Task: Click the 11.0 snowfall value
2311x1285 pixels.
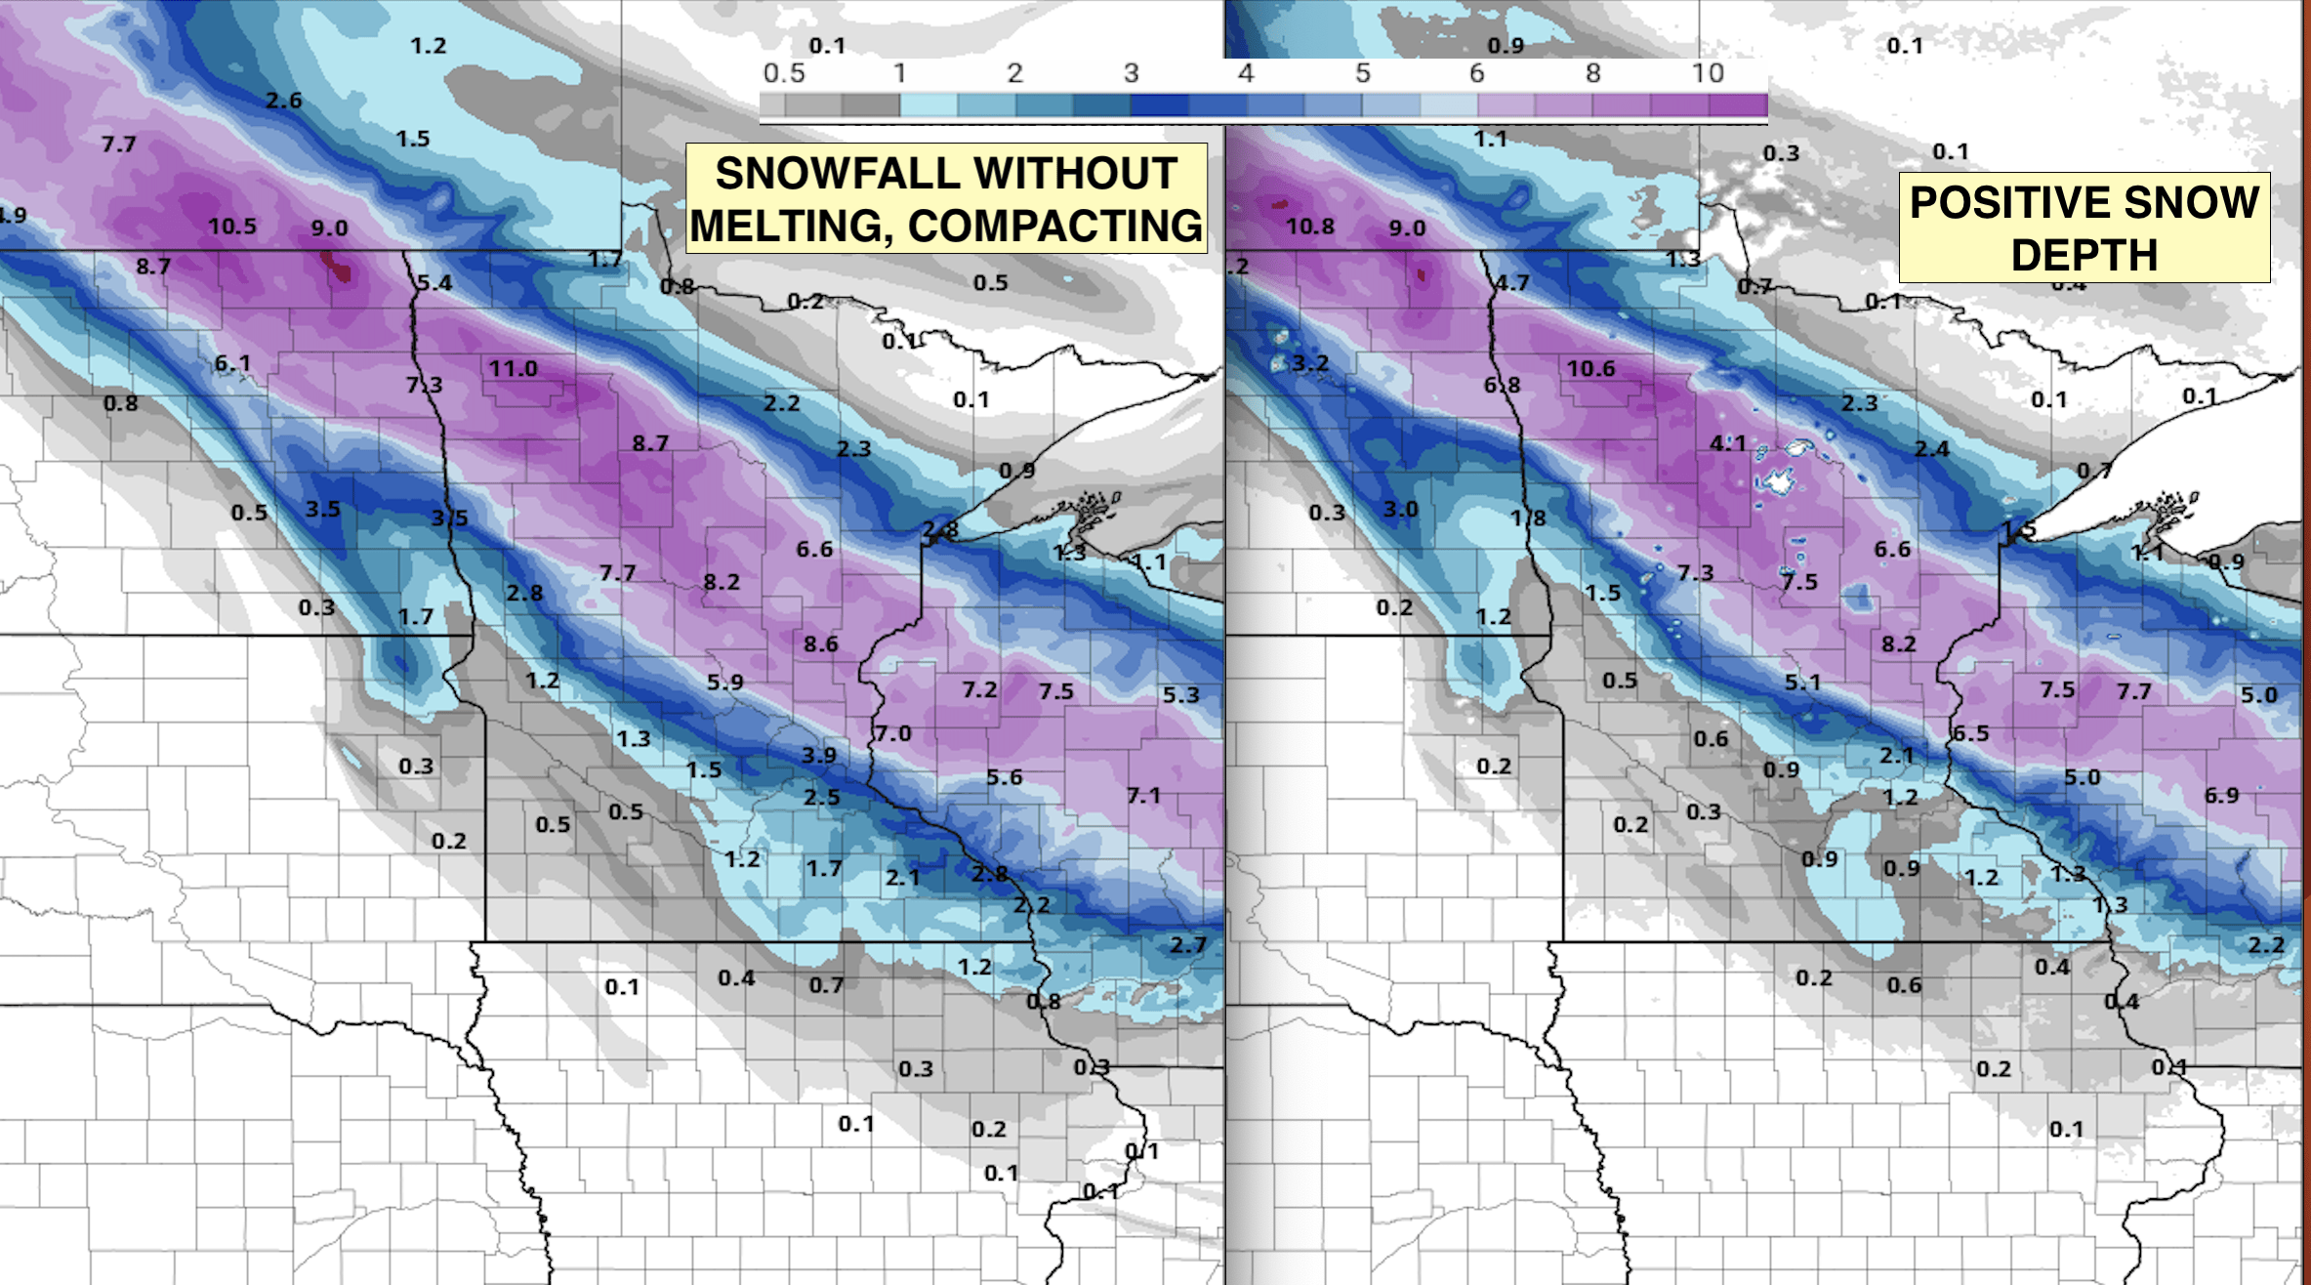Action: point(513,369)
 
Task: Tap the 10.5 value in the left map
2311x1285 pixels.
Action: point(231,227)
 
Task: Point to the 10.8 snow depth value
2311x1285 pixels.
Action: point(1309,227)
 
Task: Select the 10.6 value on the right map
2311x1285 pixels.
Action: point(1590,369)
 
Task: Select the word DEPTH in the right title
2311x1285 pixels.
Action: point(2084,256)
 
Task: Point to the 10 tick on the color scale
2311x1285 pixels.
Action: point(1708,73)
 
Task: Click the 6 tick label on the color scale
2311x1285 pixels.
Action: point(1476,73)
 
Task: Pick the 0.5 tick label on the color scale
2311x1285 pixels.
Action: point(784,73)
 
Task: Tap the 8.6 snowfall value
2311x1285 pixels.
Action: point(820,644)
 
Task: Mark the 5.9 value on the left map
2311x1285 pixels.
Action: point(724,683)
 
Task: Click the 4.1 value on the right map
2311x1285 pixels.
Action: point(1727,443)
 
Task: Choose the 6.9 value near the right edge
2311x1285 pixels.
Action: point(2221,796)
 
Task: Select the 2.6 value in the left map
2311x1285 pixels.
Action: point(283,101)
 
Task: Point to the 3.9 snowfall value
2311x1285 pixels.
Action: point(819,755)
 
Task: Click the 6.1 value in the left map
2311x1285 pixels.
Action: point(232,363)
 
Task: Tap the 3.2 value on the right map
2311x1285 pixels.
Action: point(1309,363)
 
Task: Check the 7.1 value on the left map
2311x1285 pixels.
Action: point(1143,796)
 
